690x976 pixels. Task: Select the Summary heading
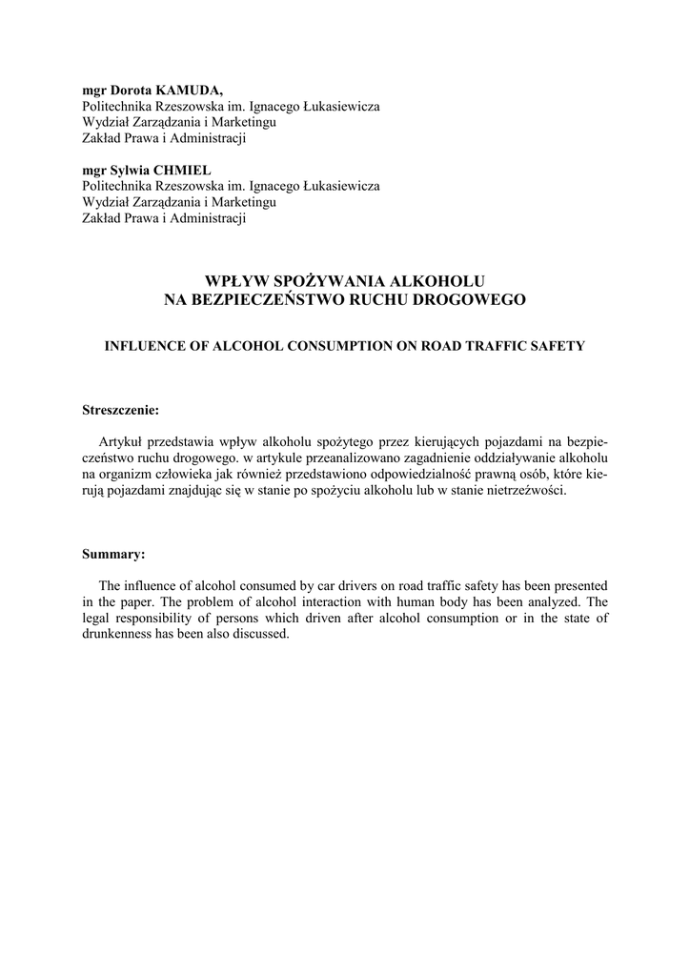point(113,554)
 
